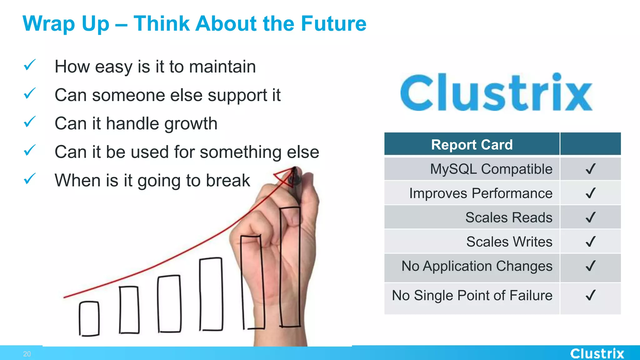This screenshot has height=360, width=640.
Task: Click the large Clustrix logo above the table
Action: click(496, 92)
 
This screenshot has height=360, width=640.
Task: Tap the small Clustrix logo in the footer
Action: click(597, 353)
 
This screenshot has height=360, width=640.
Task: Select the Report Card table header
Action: click(472, 145)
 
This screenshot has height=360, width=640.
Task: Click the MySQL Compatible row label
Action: click(491, 169)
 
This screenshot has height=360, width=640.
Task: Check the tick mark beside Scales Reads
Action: click(590, 217)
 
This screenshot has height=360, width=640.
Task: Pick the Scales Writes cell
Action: click(509, 242)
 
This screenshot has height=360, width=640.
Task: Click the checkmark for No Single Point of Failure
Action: click(590, 295)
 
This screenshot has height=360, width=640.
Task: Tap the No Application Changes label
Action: click(477, 266)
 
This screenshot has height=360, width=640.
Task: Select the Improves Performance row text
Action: click(481, 193)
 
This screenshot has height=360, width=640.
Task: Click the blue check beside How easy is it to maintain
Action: click(30, 65)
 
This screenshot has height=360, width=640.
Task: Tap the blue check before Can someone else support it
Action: click(30, 93)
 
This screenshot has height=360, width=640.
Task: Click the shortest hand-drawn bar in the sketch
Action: click(89, 318)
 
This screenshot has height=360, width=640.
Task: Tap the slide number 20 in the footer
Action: click(27, 354)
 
